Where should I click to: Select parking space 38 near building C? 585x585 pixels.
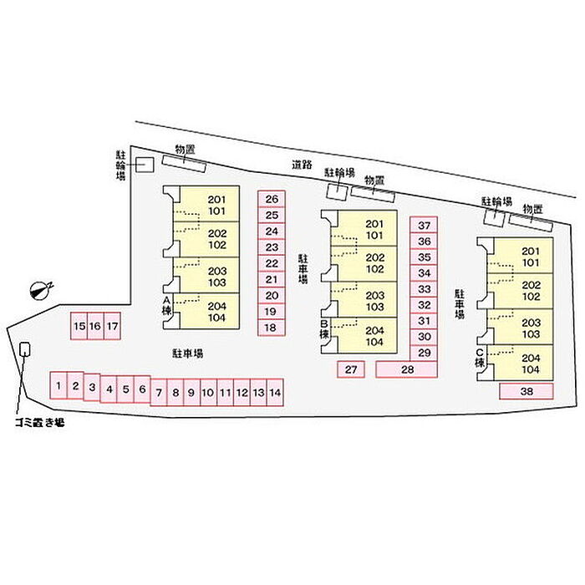tap(526, 390)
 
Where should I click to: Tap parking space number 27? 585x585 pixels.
tap(351, 369)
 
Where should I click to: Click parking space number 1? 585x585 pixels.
tap(58, 386)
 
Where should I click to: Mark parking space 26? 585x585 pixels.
tap(272, 199)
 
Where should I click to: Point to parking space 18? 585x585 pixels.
tap(271, 328)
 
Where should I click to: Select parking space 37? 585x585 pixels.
tap(425, 226)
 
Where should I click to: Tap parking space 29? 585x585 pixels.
tap(425, 353)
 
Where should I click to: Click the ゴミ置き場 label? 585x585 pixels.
tap(38, 423)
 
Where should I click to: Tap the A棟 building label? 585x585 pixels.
tap(166, 305)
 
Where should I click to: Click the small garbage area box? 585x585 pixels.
tap(26, 349)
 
